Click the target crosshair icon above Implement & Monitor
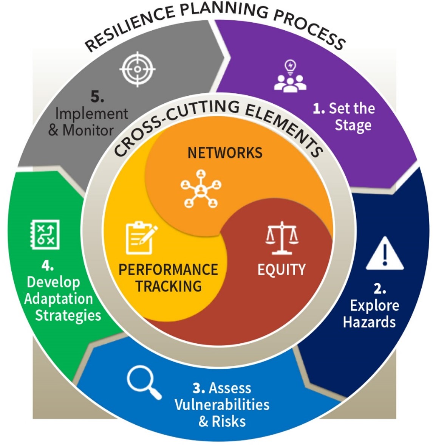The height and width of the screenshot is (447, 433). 137,69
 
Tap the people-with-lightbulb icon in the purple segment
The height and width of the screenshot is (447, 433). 290,77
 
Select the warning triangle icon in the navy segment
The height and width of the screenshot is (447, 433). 385,254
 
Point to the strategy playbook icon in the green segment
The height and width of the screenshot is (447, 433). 45,235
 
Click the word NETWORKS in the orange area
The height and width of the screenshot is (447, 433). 225,153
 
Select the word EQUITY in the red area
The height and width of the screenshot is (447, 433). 281,270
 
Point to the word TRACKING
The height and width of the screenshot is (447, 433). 169,286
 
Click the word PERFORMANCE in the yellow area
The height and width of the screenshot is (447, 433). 168,270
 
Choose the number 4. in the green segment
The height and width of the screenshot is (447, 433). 47,266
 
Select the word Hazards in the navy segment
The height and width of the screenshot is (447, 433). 369,322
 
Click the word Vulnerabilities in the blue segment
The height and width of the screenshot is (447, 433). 222,405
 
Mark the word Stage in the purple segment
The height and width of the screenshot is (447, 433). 353,126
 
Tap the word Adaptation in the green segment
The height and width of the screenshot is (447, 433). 59,299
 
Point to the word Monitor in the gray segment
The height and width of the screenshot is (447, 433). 88,130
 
